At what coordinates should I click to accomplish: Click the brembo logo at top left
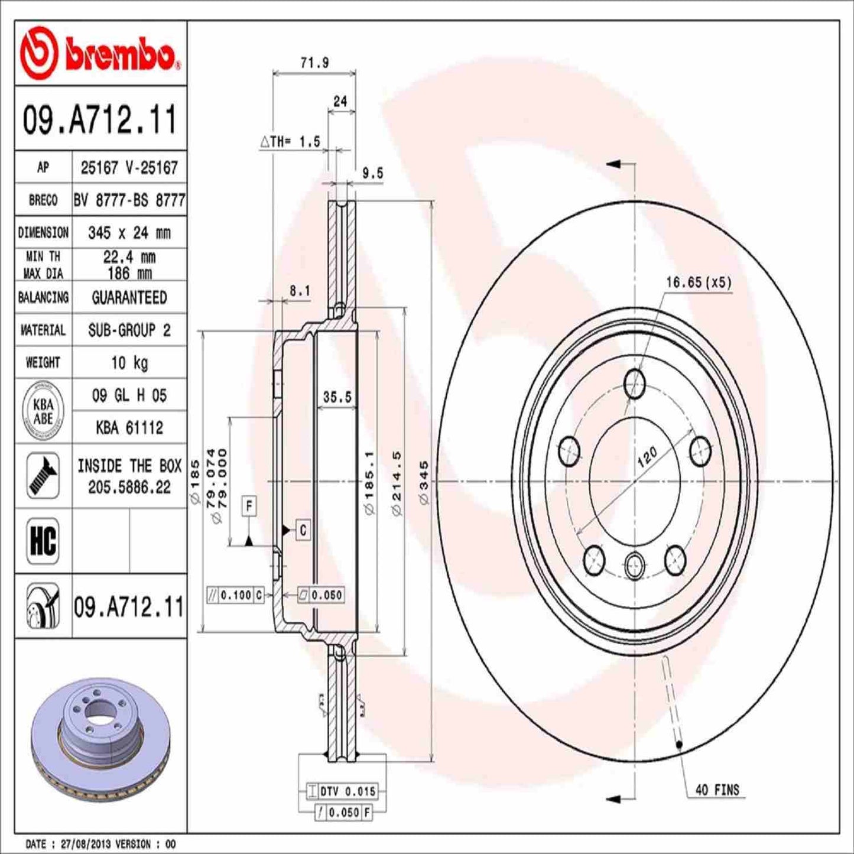point(99,54)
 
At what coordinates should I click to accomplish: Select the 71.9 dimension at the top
point(314,63)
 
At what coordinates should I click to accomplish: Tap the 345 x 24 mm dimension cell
point(129,233)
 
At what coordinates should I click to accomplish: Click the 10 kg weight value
point(129,362)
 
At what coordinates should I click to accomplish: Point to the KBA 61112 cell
point(129,427)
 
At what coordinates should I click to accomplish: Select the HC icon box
point(43,540)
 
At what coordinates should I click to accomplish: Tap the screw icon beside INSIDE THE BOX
point(43,476)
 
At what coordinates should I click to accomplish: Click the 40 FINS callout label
point(717,790)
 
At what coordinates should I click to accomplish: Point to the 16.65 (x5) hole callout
point(699,282)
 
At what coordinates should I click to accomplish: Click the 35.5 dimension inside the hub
point(337,397)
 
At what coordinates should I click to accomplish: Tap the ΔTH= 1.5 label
point(290,142)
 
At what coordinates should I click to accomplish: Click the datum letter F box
point(249,506)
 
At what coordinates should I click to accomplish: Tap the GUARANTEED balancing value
point(129,297)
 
